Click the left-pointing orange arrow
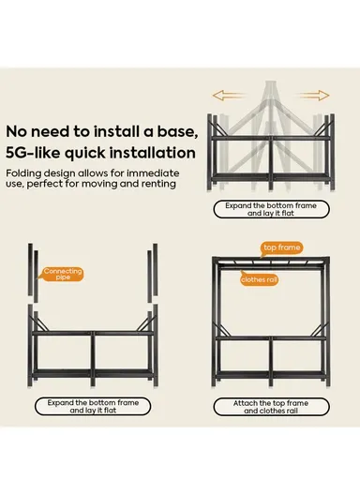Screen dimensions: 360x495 (228, 96)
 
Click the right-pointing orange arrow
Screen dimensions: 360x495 (312, 96)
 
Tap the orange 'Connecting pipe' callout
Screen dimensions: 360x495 (62, 274)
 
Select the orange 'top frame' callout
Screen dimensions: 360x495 (281, 248)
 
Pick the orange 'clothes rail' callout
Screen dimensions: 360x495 (259, 279)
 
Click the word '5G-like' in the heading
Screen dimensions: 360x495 (33, 153)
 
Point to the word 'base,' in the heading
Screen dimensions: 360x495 (178, 131)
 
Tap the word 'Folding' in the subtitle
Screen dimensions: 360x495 (23, 173)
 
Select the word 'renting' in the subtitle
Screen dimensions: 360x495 (158, 184)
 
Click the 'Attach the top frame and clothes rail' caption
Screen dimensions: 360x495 (271, 407)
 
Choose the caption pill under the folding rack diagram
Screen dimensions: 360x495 (271, 209)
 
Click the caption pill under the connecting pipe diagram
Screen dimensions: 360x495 (93, 406)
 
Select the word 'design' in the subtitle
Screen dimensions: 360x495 (59, 174)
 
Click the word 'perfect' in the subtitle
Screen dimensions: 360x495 (44, 184)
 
